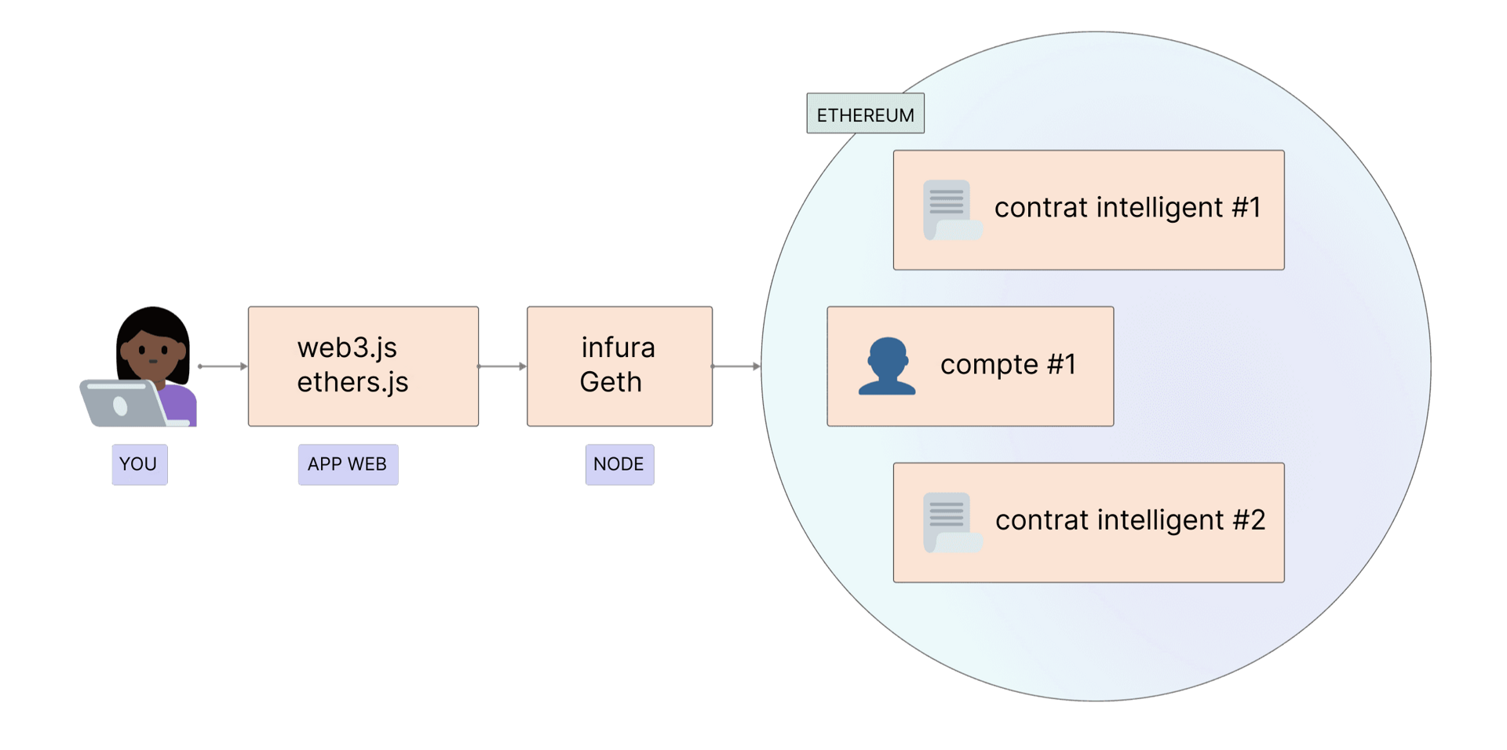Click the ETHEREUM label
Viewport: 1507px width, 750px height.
(x=865, y=115)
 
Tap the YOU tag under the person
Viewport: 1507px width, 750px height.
(x=139, y=464)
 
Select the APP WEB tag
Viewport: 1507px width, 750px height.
(x=348, y=464)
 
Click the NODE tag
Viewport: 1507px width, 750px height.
(x=618, y=464)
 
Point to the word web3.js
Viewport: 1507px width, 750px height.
(x=347, y=348)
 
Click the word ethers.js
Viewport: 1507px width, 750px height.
(x=352, y=382)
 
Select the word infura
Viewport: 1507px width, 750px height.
(x=618, y=348)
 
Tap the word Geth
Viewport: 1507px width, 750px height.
(x=611, y=382)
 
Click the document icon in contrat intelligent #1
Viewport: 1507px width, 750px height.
(x=951, y=209)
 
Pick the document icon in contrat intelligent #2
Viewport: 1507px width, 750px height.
(x=951, y=522)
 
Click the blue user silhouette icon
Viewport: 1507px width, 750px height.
(x=887, y=366)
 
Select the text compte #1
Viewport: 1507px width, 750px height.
(x=1008, y=365)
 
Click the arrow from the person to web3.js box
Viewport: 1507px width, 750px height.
(x=221, y=366)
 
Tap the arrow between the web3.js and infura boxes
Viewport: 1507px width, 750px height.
(x=502, y=366)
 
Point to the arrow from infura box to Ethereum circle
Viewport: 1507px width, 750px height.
(x=735, y=366)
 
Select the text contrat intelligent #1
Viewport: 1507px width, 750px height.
(x=1127, y=208)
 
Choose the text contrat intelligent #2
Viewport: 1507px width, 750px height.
(x=1130, y=520)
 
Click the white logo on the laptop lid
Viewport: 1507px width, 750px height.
(x=120, y=406)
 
